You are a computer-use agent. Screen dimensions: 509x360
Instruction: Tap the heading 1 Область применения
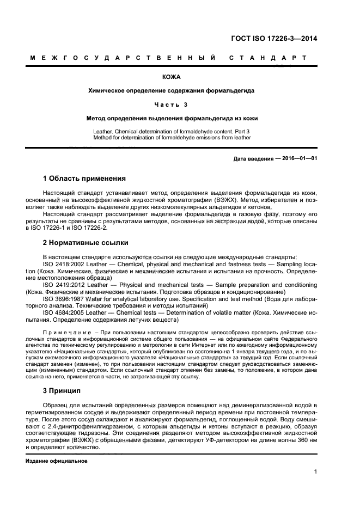(84, 178)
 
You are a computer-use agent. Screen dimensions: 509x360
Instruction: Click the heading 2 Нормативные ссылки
(86, 243)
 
